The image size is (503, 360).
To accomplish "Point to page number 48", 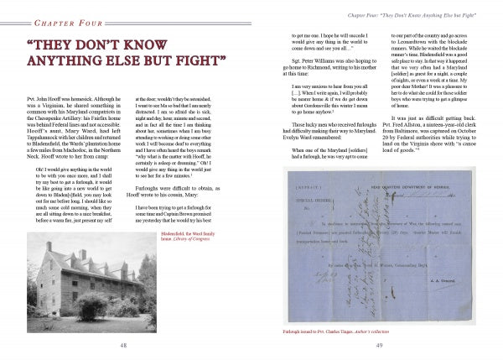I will (x=123, y=345).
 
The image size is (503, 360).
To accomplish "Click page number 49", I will (x=377, y=345).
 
